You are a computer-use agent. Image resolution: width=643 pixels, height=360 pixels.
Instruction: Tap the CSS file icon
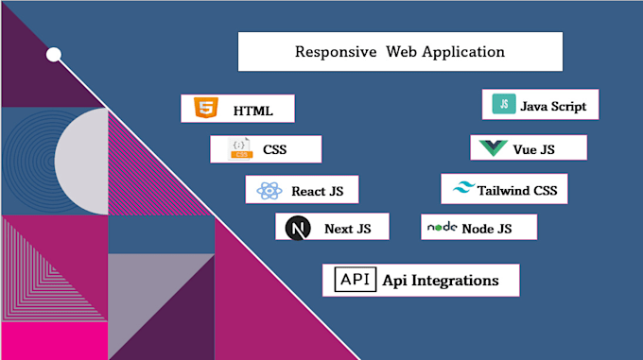tap(240, 149)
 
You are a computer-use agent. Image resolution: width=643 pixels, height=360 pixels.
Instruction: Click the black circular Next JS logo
tap(299, 229)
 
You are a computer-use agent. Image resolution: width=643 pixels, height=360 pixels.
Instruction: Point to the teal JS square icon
tap(504, 105)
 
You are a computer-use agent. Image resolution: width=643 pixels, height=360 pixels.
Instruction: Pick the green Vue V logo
tap(494, 148)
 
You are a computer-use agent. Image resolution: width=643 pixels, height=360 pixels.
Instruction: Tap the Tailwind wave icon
tap(463, 189)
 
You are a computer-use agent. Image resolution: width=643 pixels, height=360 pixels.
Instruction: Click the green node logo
tap(442, 228)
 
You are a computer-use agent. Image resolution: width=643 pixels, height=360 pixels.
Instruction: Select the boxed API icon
tap(356, 280)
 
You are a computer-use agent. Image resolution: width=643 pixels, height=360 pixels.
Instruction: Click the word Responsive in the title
tap(336, 51)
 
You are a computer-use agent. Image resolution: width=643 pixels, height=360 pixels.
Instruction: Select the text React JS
tap(317, 191)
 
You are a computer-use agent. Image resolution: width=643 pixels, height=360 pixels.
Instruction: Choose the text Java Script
tap(553, 106)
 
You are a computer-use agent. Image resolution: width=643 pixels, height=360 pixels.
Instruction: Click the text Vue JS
tap(536, 149)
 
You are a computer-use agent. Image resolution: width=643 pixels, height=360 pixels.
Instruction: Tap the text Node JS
tap(486, 229)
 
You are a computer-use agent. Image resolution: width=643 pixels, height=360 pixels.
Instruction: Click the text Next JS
tap(347, 229)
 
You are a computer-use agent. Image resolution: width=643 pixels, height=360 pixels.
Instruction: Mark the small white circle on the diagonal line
tap(54, 55)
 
